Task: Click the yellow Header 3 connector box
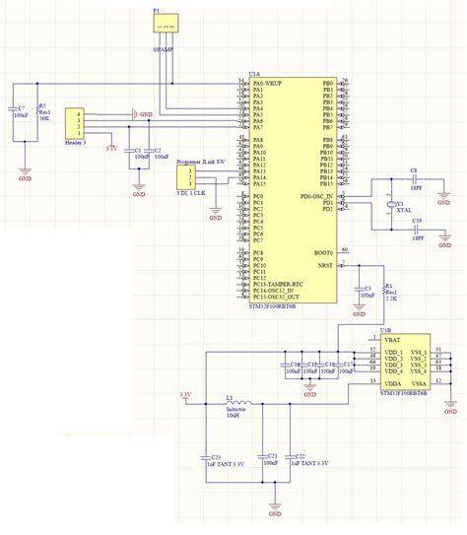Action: pyautogui.click(x=73, y=126)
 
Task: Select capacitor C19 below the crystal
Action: pyautogui.click(x=416, y=229)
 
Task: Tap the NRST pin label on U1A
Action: pyautogui.click(x=325, y=264)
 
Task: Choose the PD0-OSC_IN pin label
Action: pyautogui.click(x=314, y=196)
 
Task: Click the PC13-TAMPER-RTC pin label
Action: pyautogui.click(x=279, y=285)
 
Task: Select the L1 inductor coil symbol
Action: pyautogui.click(x=237, y=403)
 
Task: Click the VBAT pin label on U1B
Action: pyautogui.click(x=391, y=338)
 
